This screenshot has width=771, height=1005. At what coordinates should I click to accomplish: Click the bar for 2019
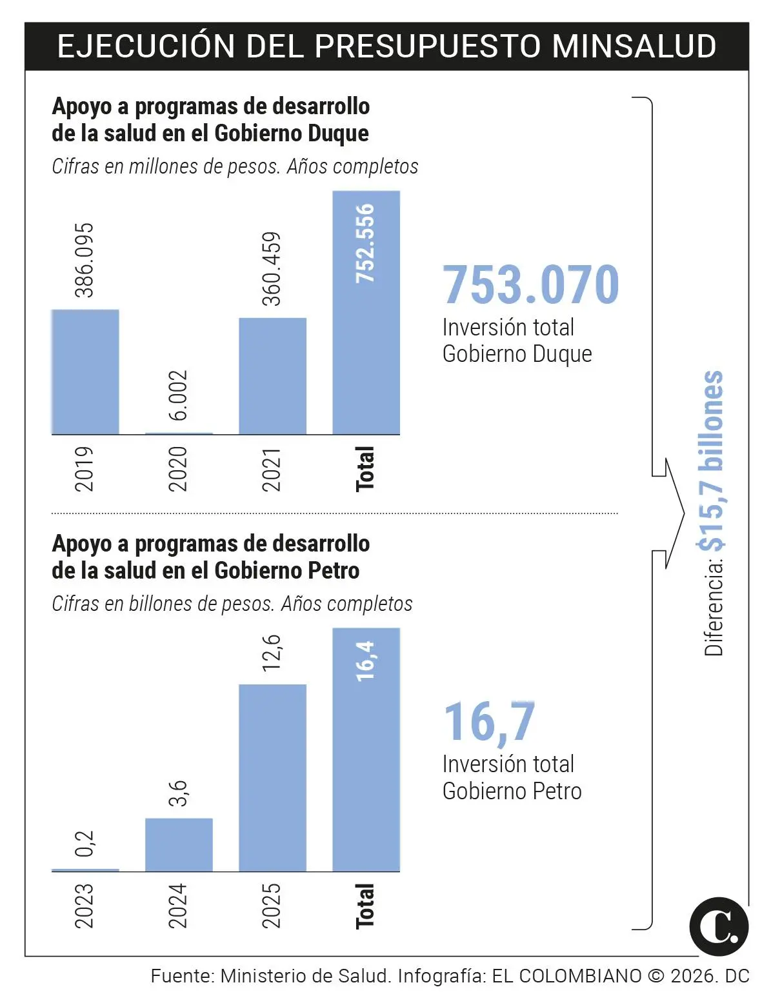(85, 372)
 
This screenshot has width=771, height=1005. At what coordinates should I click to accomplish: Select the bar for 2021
(272, 376)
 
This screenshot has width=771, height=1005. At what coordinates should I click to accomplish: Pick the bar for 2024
(179, 845)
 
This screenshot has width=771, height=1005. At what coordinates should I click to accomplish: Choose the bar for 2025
(272, 778)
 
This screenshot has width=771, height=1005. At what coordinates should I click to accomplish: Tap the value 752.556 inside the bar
(366, 243)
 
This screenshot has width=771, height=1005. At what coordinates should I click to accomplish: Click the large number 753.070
(530, 284)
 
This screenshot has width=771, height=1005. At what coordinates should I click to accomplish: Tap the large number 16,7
(490, 722)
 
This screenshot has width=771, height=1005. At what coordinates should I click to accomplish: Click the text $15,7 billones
(712, 461)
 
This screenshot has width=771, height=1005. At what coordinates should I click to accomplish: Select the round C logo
(719, 926)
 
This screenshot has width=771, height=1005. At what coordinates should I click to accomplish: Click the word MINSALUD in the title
(634, 46)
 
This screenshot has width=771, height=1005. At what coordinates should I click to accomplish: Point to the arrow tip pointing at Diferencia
(683, 513)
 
